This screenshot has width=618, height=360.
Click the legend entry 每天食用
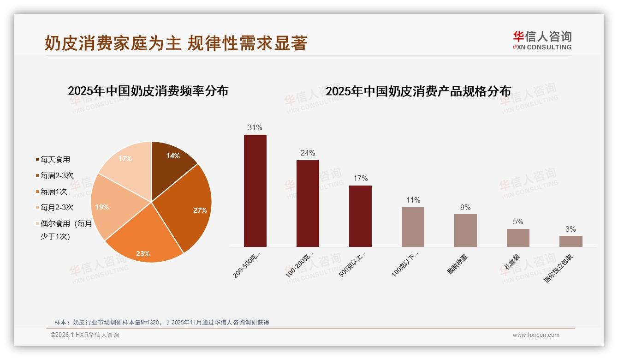[55, 160]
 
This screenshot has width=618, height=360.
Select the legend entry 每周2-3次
[57, 176]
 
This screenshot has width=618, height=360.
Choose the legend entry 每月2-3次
[57, 208]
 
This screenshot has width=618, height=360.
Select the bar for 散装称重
[465, 230]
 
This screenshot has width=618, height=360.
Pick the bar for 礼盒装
[518, 238]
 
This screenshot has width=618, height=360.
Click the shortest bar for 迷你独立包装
[570, 241]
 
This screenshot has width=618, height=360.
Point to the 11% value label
[413, 200]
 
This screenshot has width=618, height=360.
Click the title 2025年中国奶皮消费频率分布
[148, 91]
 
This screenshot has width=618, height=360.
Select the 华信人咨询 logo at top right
[542, 41]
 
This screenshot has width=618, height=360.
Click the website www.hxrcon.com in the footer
[536, 335]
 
